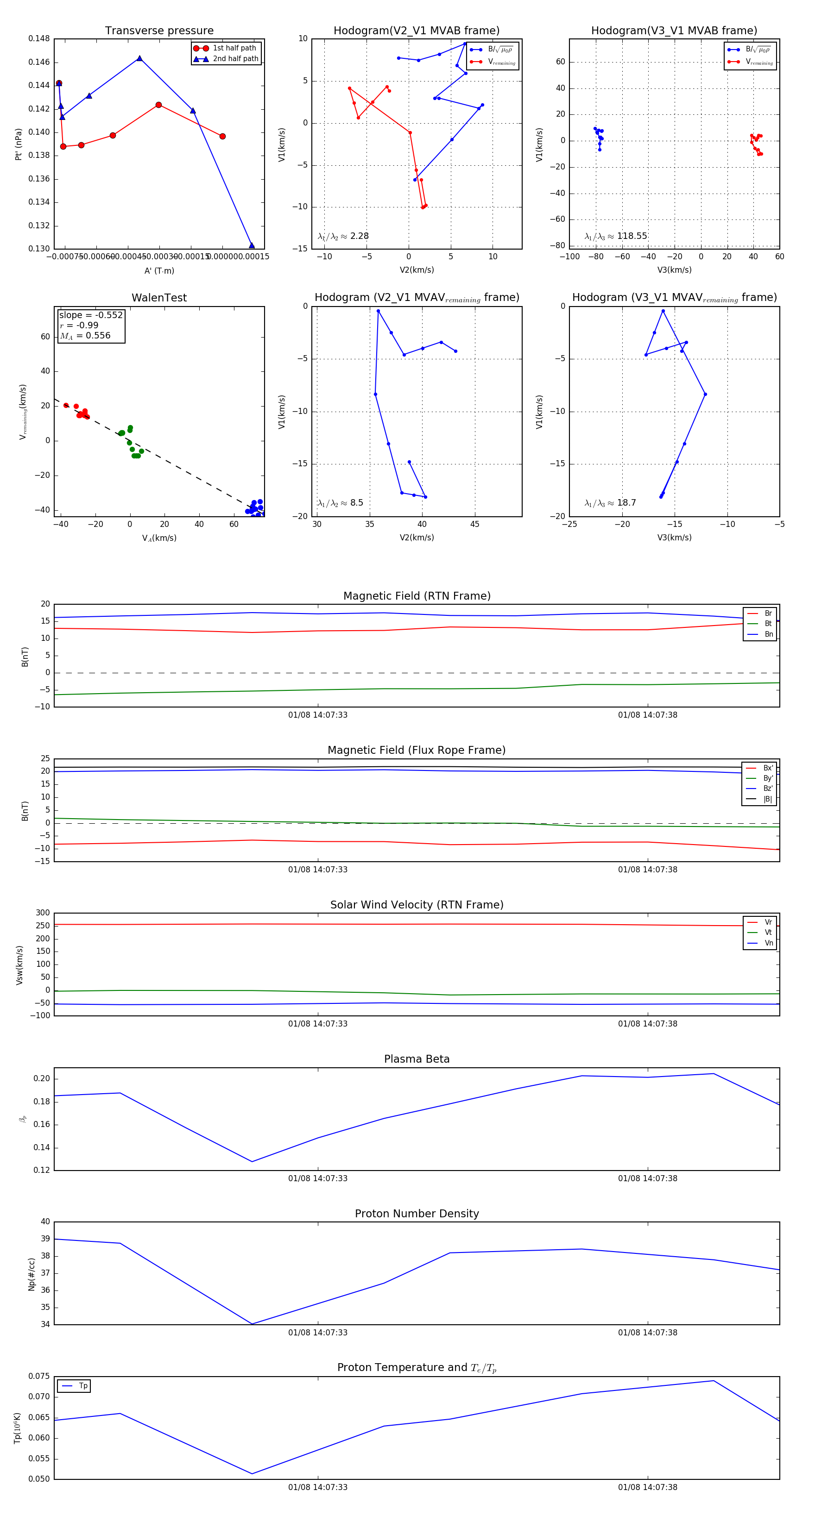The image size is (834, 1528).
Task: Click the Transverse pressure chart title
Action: [159, 31]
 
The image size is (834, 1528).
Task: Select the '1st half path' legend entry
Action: [234, 48]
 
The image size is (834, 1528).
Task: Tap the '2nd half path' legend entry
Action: [235, 59]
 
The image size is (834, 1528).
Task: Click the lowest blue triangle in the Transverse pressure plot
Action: [252, 245]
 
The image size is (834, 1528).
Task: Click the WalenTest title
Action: [159, 298]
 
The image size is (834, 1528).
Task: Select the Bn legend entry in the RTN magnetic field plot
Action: [768, 634]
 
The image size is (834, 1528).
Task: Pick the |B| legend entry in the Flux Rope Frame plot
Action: [767, 799]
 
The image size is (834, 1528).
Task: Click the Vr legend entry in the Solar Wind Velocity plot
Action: [768, 922]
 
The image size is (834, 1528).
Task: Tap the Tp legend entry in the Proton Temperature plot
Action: [83, 1386]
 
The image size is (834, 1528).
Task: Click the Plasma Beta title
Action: [417, 1059]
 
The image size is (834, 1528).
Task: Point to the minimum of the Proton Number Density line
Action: [252, 1324]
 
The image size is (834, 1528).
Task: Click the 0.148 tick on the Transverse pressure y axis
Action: [39, 38]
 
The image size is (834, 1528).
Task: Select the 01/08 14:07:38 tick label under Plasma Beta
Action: [647, 1178]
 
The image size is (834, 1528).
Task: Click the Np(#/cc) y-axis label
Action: [32, 1274]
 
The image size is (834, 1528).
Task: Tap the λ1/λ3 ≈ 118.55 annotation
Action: [616, 236]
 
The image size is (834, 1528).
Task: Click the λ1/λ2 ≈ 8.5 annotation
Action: [340, 503]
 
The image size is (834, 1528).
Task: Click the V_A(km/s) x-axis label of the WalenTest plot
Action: [159, 538]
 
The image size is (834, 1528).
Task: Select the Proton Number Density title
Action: [417, 1214]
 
